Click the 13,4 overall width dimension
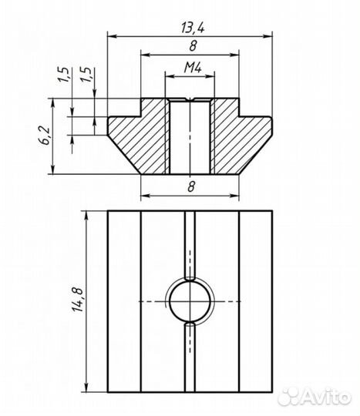pyautogui.click(x=193, y=28)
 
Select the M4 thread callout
pyautogui.click(x=193, y=68)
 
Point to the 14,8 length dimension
pyautogui.click(x=77, y=299)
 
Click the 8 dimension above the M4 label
pyautogui.click(x=193, y=46)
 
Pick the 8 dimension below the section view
pyautogui.click(x=191, y=186)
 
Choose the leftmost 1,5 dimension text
pyautogui.click(x=63, y=75)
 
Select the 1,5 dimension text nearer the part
pyautogui.click(x=87, y=75)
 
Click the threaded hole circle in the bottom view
pyautogui.click(x=190, y=301)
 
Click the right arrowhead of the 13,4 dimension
pyautogui.click(x=267, y=36)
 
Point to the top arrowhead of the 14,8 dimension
pyautogui.click(x=86, y=216)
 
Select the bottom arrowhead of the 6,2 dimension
pyautogui.click(x=53, y=169)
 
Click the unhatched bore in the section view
pyautogui.click(x=190, y=137)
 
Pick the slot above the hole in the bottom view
pyautogui.click(x=190, y=246)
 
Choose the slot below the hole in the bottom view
pyautogui.click(x=190, y=357)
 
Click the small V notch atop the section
pyautogui.click(x=190, y=99)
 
